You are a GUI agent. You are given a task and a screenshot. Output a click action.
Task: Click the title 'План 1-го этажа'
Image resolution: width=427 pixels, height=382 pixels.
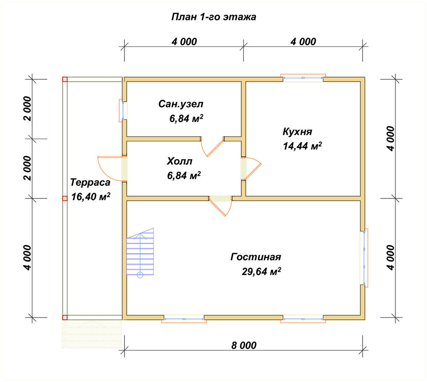213,17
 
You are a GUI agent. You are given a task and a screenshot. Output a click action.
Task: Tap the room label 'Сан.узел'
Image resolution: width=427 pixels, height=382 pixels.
181,104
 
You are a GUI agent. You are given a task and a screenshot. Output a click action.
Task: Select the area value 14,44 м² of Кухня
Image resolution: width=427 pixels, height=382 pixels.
302,146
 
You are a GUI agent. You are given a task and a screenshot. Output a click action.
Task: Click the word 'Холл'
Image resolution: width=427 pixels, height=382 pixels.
179,161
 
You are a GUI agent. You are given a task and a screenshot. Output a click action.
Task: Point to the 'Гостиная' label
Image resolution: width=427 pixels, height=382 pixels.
256,257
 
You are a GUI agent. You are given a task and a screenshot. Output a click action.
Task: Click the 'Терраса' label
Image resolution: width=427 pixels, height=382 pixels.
91,182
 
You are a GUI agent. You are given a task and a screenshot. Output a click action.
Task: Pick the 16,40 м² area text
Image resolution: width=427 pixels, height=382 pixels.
91,197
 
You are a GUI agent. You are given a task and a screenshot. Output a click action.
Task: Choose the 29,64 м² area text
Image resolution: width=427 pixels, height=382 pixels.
261,271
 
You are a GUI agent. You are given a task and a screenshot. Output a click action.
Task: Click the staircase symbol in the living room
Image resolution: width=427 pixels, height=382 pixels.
140,252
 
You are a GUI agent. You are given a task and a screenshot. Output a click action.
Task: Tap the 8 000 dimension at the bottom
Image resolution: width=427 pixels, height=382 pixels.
244,345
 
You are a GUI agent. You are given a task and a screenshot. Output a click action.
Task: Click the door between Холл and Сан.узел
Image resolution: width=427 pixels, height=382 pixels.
212,146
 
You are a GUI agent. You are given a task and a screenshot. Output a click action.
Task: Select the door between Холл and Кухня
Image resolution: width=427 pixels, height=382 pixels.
251,169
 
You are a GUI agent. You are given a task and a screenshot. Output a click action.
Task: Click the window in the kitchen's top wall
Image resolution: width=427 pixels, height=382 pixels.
303,78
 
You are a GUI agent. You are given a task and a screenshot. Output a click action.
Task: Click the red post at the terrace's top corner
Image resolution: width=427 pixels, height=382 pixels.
65,79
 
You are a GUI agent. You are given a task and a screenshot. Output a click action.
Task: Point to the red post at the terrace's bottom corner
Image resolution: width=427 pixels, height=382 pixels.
65,318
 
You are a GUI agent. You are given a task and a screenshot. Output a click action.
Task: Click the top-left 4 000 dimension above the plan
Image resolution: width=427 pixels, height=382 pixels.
184,42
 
